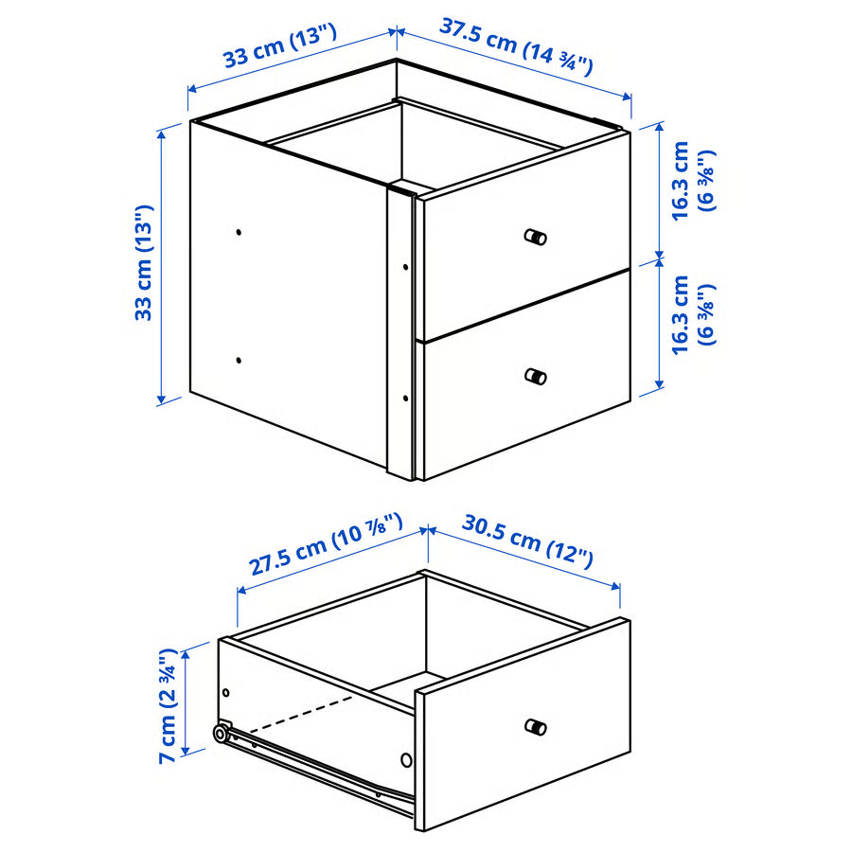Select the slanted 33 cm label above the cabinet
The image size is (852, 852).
[x=280, y=47]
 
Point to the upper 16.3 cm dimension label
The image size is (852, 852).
[x=691, y=181]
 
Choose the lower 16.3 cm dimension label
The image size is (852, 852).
[x=691, y=316]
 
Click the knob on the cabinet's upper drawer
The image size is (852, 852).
[x=536, y=237]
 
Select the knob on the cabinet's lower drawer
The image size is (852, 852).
[x=536, y=376]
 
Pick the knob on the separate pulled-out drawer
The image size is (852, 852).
[x=536, y=727]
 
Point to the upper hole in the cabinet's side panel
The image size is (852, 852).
[x=239, y=231]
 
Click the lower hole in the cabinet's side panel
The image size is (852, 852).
[x=239, y=360]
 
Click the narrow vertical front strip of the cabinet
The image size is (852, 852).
[x=400, y=331]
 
